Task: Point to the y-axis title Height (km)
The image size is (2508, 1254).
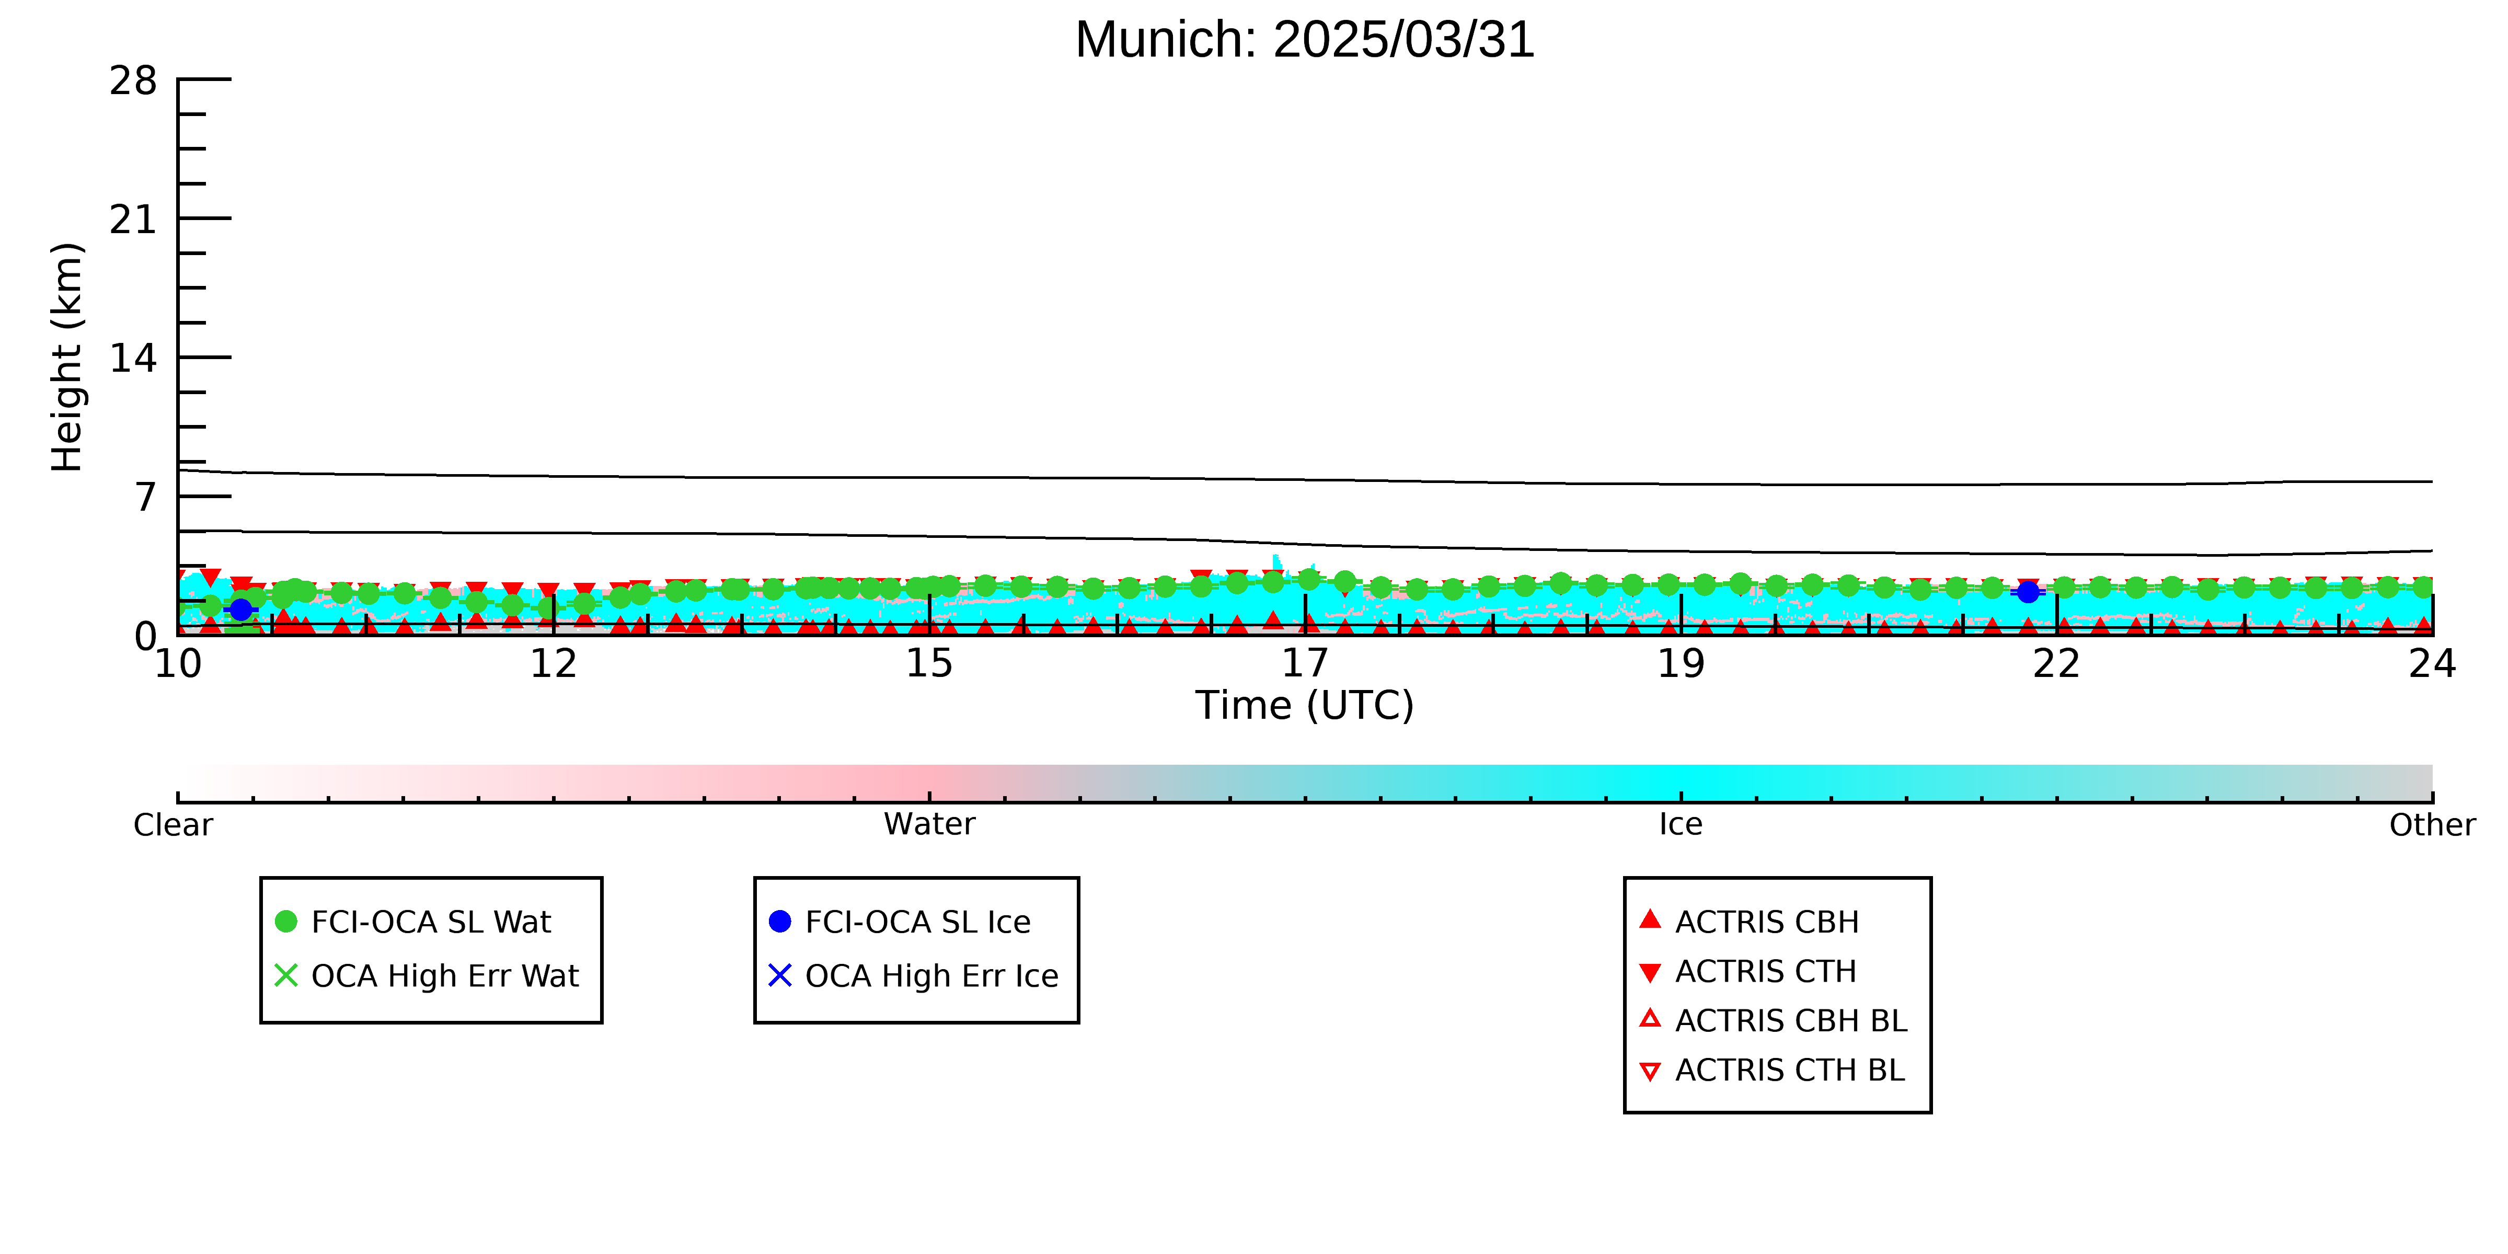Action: (x=67, y=358)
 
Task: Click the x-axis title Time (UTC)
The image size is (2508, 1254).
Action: (x=1305, y=705)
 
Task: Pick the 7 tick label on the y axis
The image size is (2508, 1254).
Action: (x=146, y=498)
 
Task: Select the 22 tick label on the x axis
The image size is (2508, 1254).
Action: (x=2056, y=664)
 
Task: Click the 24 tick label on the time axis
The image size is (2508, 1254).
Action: (x=2432, y=664)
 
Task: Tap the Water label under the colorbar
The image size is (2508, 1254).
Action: (x=929, y=825)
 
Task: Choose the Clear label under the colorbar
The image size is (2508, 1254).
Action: (x=174, y=825)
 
